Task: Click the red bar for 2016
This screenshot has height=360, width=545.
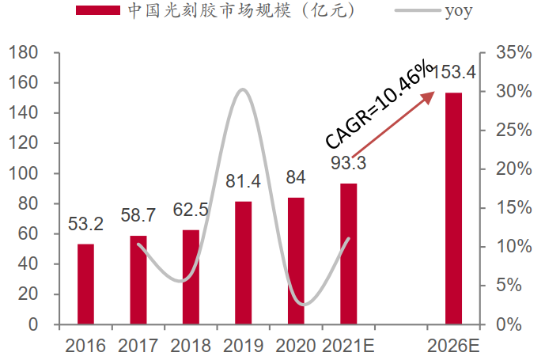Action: tap(85, 284)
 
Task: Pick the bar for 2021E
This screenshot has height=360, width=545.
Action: tap(348, 254)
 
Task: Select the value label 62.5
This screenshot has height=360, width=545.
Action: tap(191, 211)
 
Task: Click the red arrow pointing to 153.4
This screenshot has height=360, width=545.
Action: tap(394, 123)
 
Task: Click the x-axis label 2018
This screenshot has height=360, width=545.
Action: tap(191, 346)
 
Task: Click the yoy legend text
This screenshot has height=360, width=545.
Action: tap(456, 12)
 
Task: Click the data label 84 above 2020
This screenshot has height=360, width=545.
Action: tap(296, 176)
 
